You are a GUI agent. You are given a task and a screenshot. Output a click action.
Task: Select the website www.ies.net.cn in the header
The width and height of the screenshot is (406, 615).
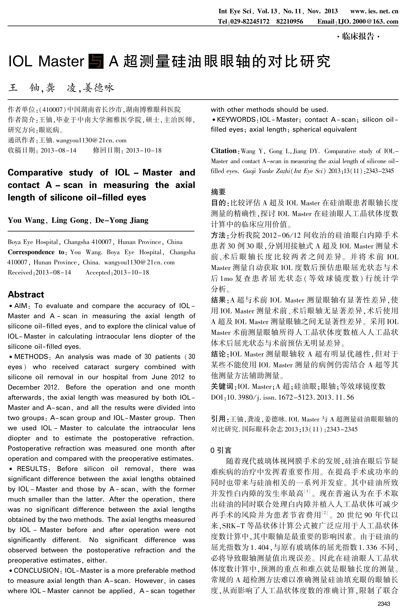tap(374, 11)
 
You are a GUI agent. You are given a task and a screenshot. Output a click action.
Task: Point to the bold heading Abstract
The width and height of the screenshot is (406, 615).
tap(26, 294)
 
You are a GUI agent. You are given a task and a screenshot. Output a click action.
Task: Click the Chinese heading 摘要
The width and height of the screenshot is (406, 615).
tap(218, 192)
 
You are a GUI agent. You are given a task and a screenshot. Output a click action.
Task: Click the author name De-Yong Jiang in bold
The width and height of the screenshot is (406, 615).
tap(122, 220)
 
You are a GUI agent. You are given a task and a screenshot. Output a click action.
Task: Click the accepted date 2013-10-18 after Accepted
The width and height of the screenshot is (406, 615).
tap(131, 272)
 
